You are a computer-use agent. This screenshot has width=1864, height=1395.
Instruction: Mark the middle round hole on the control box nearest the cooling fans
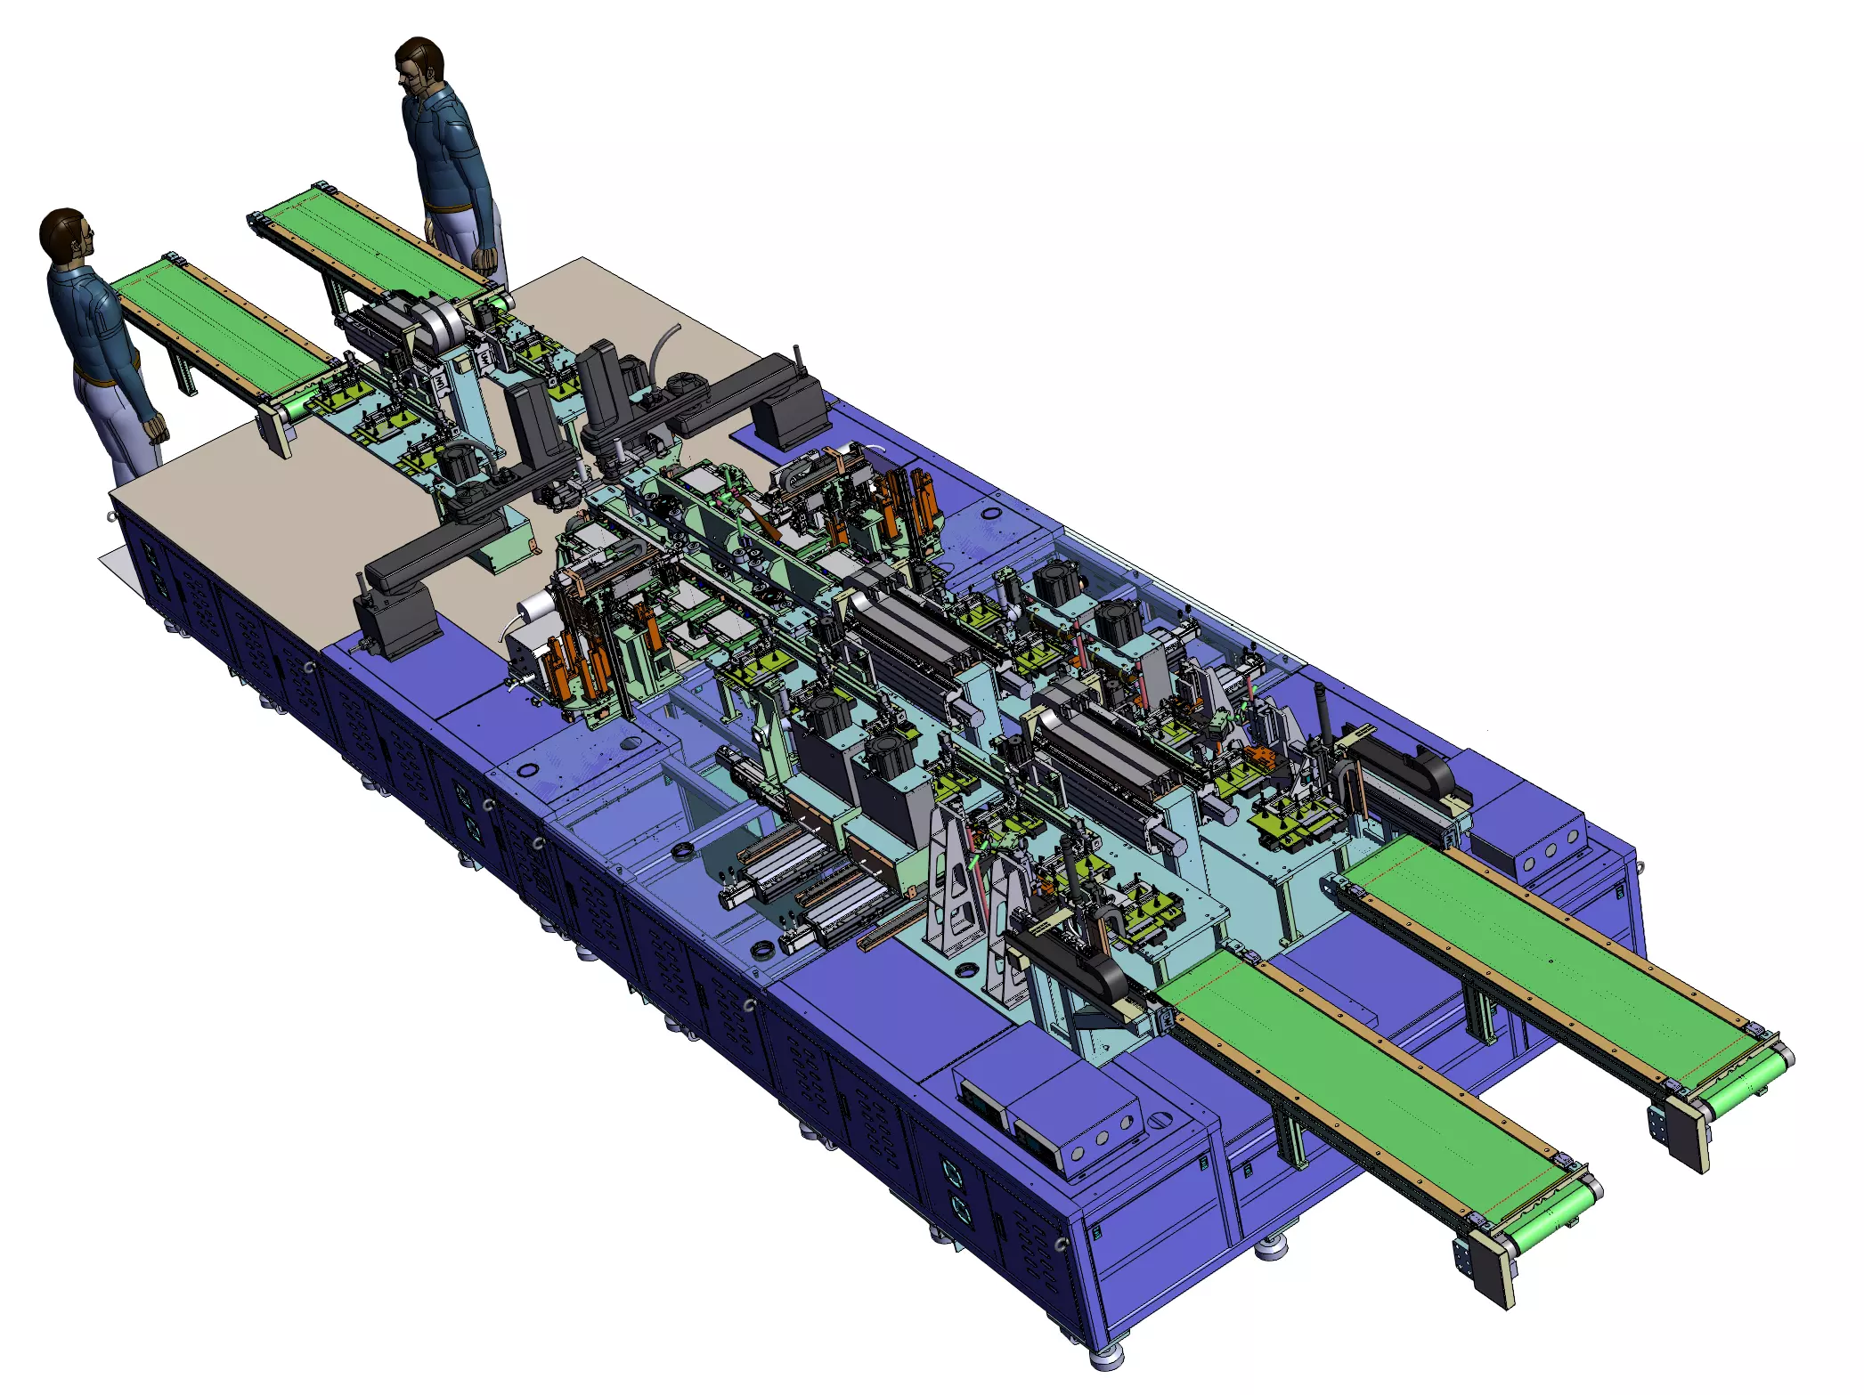[x=1102, y=1139]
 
